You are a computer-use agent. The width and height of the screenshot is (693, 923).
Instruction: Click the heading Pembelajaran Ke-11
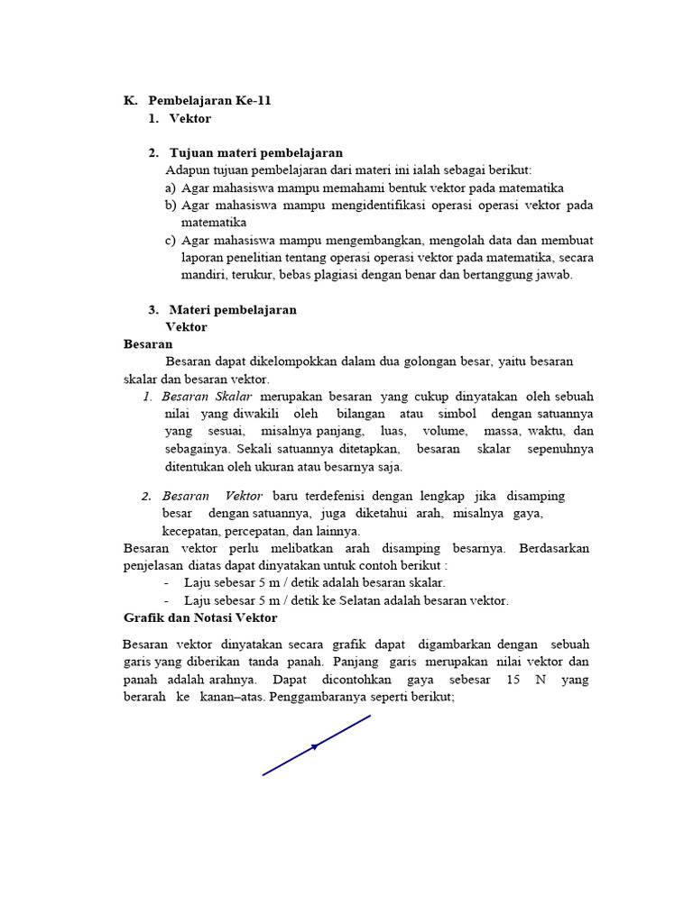(x=209, y=101)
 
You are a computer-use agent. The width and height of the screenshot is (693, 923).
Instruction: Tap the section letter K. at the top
(x=131, y=101)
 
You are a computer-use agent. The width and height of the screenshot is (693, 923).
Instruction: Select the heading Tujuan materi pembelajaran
(x=255, y=152)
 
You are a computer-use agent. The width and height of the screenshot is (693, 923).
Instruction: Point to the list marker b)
(x=170, y=206)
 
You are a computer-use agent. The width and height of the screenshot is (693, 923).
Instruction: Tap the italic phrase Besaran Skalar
(x=208, y=397)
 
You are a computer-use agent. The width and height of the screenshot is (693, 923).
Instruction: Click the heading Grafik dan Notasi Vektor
(x=200, y=617)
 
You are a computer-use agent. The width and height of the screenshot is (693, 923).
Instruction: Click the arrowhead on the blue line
(x=315, y=745)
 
